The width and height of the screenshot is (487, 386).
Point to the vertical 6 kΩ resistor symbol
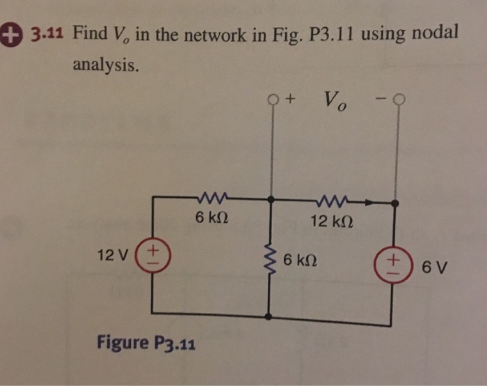click(x=270, y=261)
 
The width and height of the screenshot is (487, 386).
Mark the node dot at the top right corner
click(x=395, y=204)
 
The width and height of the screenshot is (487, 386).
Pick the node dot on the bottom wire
click(x=270, y=316)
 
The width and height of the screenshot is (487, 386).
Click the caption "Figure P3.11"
click(x=145, y=343)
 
